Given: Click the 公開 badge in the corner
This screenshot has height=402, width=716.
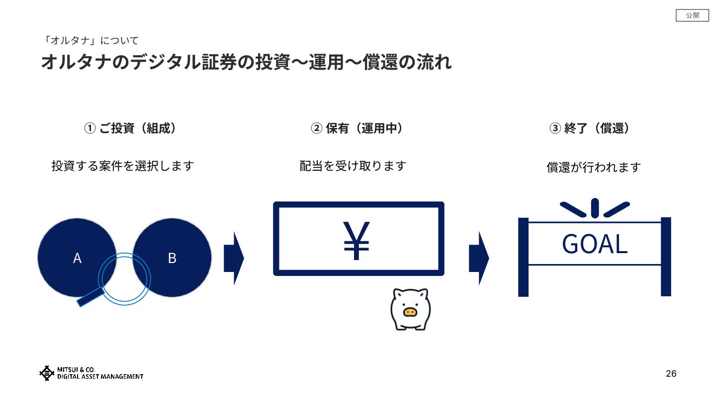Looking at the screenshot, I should (692, 16).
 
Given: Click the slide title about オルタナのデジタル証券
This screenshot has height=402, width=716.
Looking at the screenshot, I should (246, 63).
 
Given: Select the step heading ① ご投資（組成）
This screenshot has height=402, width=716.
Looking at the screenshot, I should (130, 129).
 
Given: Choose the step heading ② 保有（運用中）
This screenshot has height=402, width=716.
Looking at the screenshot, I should (357, 129).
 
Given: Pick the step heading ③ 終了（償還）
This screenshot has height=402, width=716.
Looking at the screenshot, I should (591, 129).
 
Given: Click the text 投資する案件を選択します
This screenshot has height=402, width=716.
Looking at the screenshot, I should (122, 166).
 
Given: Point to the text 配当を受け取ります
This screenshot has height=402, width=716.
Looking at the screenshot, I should (353, 166).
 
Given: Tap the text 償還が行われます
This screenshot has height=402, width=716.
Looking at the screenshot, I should (594, 168).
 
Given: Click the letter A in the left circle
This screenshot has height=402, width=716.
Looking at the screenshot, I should (77, 258).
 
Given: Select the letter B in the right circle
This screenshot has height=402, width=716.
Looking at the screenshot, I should (172, 258).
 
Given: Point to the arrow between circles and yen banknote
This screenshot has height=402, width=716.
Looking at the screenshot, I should (234, 258).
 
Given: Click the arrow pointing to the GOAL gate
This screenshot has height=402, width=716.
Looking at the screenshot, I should (478, 258).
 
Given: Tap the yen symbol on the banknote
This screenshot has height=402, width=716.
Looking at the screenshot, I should (357, 240).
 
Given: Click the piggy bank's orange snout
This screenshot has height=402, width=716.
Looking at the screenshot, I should (410, 312).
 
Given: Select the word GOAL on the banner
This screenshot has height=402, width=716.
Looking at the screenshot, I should (595, 244).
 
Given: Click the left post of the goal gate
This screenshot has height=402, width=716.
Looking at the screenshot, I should (523, 257).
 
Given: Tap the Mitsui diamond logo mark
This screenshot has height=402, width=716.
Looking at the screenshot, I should (47, 373).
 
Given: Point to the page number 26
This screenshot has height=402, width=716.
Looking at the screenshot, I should (671, 374).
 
